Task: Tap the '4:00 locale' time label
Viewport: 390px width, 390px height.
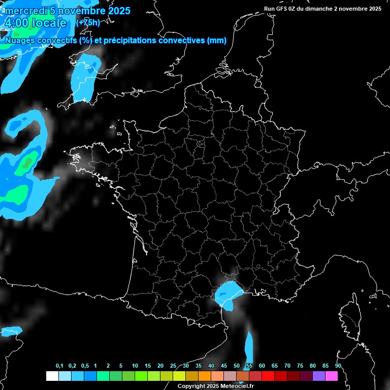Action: [35, 23]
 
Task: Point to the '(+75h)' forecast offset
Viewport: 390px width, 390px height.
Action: [87, 22]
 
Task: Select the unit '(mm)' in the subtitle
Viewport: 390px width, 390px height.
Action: [217, 41]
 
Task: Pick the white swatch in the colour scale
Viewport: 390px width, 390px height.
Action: [52, 376]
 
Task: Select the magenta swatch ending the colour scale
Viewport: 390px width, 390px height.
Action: [332, 376]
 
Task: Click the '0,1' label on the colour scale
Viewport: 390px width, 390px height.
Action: [59, 366]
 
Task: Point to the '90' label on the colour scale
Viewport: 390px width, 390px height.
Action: [338, 366]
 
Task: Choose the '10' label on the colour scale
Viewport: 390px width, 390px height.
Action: [135, 366]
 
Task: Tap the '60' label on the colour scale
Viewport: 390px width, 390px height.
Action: [262, 366]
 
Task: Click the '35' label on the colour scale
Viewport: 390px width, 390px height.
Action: [198, 366]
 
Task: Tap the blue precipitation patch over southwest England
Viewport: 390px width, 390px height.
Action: [84, 79]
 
